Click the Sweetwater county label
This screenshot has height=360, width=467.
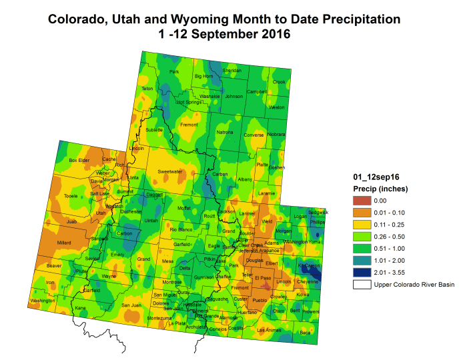pos(170,171)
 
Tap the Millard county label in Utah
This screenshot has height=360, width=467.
pos(65,243)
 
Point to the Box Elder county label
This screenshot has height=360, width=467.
pos(79,160)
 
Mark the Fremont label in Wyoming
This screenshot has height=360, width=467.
pos(189,125)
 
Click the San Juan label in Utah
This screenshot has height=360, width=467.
pos(131,305)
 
